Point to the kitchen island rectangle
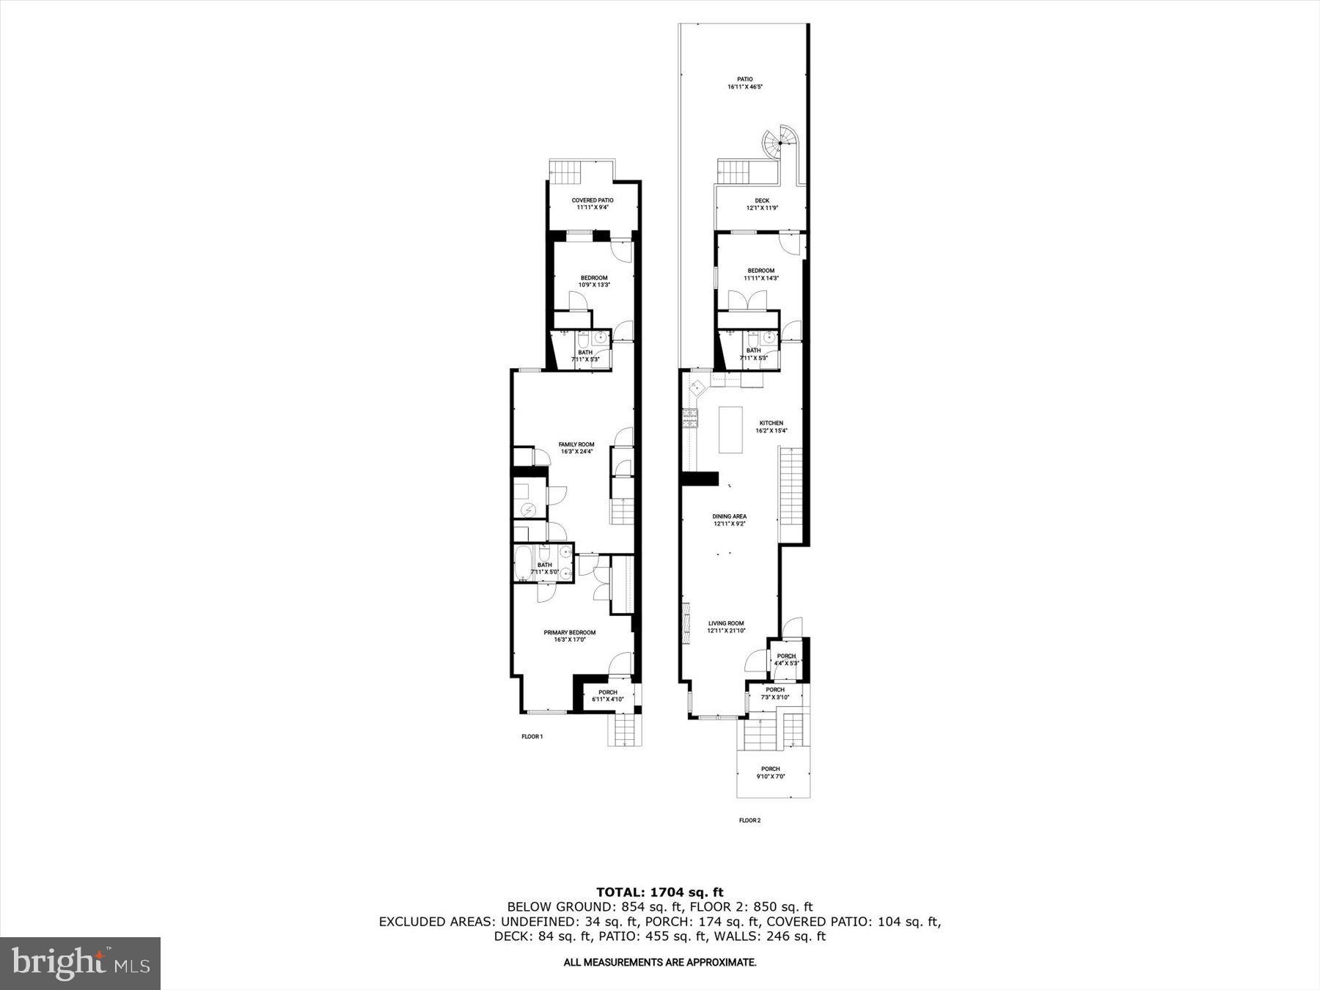(730, 430)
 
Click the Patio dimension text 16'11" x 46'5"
(745, 87)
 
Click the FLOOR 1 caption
(532, 736)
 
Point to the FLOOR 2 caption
(749, 821)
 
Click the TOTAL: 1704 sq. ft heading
(659, 892)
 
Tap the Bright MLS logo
(80, 963)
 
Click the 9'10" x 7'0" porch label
(771, 776)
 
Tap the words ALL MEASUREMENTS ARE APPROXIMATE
(659, 962)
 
